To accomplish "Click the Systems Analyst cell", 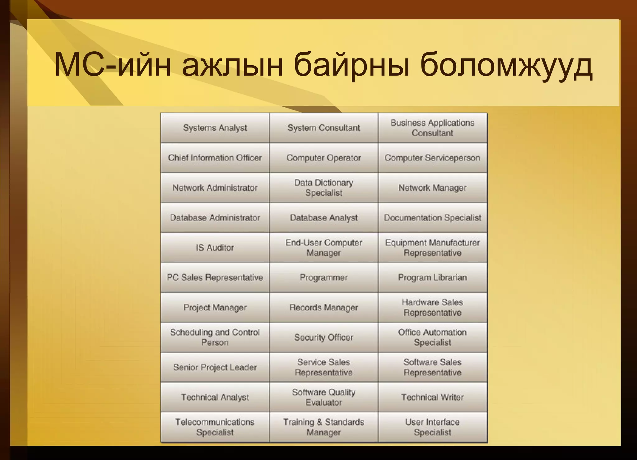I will (215, 128).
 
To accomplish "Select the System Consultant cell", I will (323, 128).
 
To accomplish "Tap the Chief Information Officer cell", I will (215, 158).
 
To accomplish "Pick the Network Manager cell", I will (432, 188).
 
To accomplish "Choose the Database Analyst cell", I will (323, 218).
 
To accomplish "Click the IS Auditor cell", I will (215, 248).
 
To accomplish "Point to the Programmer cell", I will (323, 277).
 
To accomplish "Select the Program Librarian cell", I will (432, 277).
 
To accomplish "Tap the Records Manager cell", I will (323, 308).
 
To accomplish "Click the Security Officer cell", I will (323, 337).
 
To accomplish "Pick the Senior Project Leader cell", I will (215, 367).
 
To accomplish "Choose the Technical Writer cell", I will (432, 397).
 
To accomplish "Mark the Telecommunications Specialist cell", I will (215, 427).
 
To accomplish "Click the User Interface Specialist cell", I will (432, 427).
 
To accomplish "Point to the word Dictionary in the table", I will (334, 183).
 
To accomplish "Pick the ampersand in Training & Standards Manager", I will (319, 422).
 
